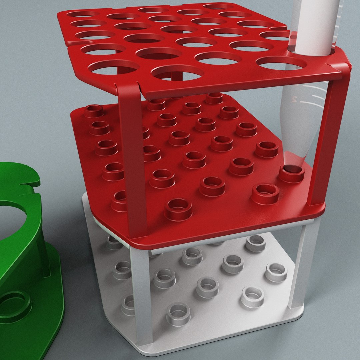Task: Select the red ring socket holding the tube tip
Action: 292,174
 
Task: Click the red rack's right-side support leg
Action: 328,140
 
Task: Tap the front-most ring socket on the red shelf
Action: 178,209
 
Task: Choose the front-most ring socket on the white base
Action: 178,314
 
